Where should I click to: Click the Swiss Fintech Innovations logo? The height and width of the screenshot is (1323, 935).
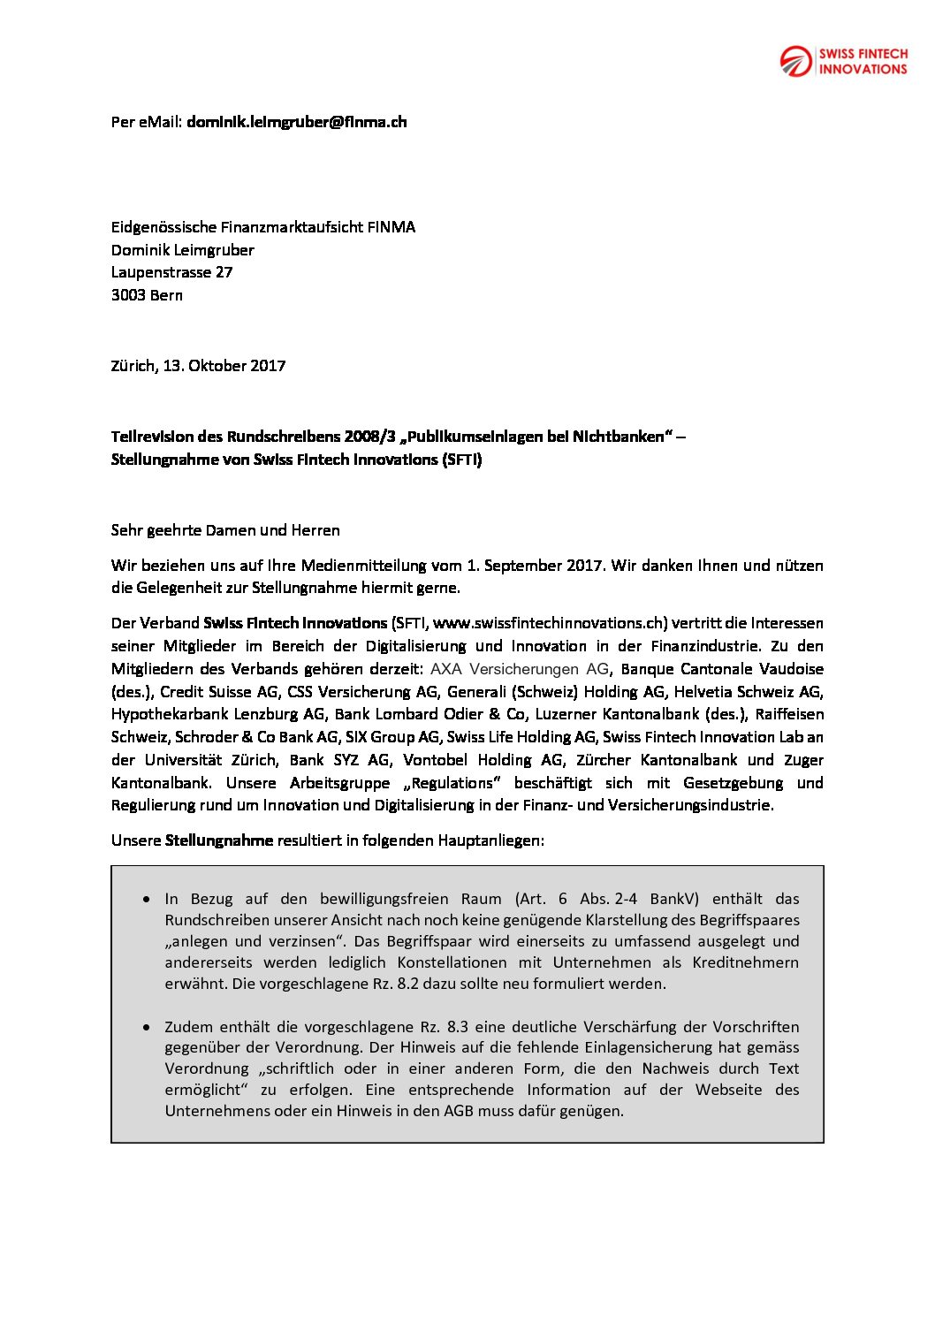(843, 61)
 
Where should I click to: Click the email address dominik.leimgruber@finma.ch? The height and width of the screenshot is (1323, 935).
(296, 122)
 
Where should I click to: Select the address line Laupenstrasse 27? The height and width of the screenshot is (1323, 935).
(171, 272)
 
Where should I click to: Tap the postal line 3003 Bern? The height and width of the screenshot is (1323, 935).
(147, 295)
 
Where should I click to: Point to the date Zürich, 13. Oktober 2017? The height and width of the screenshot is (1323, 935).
(198, 366)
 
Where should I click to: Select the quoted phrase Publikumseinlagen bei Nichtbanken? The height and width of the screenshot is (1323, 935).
(536, 437)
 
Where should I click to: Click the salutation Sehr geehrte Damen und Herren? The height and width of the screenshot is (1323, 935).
(225, 530)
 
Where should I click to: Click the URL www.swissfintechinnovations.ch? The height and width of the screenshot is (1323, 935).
(549, 623)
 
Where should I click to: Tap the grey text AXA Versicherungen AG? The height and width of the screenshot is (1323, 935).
(520, 669)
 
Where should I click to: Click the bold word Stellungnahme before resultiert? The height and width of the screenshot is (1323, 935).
(219, 840)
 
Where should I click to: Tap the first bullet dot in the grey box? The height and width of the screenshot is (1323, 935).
(147, 899)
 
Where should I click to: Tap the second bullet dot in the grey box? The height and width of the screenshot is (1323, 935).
(147, 1027)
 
